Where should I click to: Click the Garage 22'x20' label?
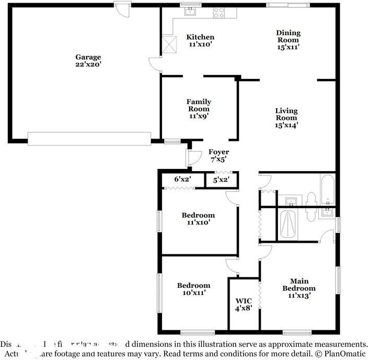coord(88,61)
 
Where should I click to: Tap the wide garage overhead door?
coord(89,138)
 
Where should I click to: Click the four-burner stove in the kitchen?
coord(219,12)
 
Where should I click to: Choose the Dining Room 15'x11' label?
coord(288,40)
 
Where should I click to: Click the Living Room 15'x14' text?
coord(286,118)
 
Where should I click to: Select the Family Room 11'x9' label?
coord(199,109)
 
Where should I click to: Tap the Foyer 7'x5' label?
coord(218,155)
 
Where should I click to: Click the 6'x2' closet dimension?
coord(182,179)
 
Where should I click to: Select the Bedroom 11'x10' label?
coord(198,219)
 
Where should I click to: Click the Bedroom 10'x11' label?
coord(193,289)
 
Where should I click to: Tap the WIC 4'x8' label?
coord(244,305)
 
